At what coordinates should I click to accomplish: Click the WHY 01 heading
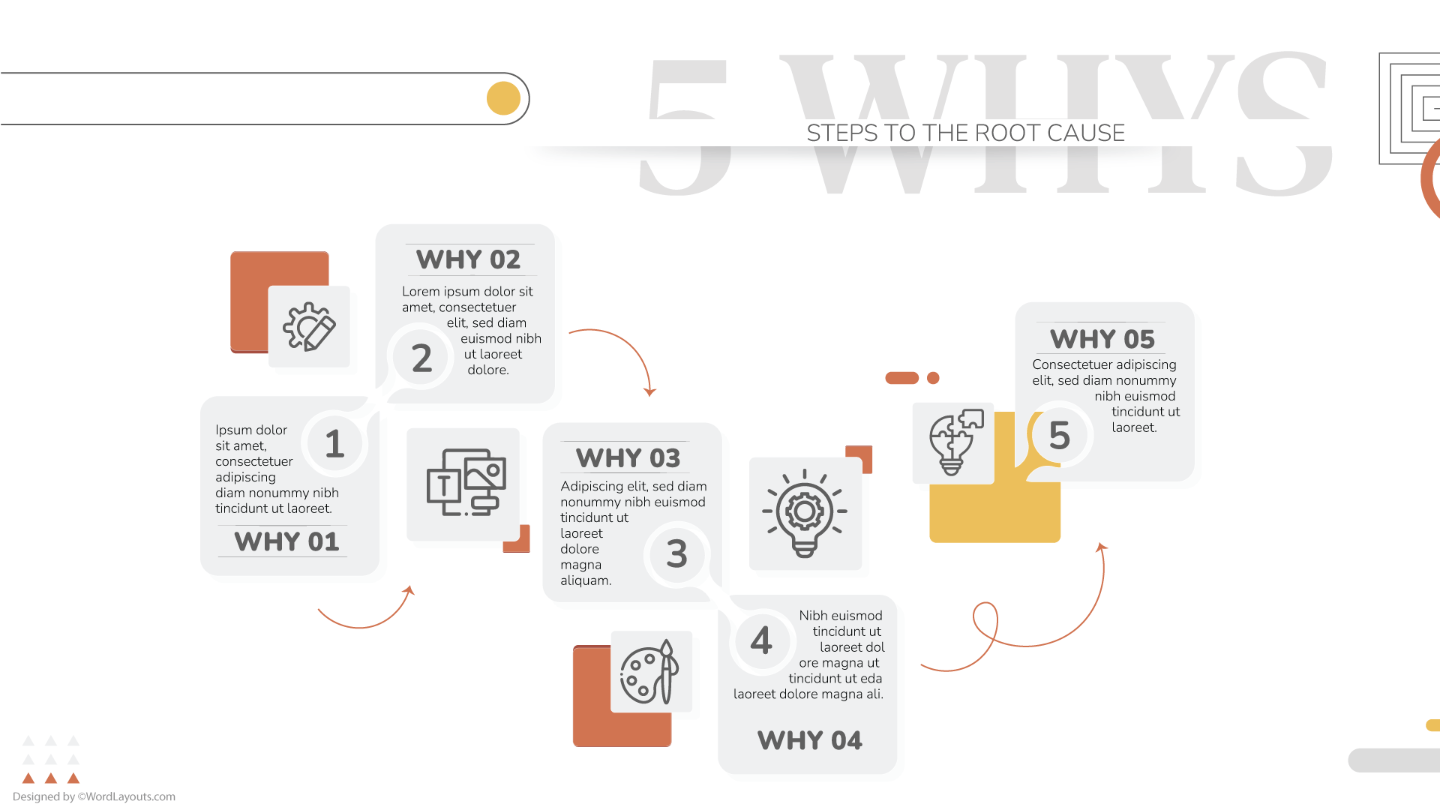click(286, 541)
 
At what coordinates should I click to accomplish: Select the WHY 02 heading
click(468, 259)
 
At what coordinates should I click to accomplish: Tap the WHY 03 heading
click(628, 457)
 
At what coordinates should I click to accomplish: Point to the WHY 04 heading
click(809, 740)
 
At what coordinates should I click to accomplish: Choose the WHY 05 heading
click(1102, 339)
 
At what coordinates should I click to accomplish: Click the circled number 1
click(334, 443)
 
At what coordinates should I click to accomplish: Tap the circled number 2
click(421, 358)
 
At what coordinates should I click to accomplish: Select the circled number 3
click(676, 553)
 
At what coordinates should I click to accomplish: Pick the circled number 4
click(761, 640)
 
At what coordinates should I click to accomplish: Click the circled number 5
click(1059, 435)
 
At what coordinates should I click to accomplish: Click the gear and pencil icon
click(309, 326)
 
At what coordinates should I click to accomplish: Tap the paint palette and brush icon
click(649, 672)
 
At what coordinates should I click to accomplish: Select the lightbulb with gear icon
click(805, 514)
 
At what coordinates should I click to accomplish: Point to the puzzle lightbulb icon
click(954, 442)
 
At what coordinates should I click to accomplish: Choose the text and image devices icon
click(466, 482)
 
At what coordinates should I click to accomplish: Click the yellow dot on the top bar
click(503, 98)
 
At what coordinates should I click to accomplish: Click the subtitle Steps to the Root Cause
click(965, 133)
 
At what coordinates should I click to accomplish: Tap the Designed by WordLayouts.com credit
click(94, 796)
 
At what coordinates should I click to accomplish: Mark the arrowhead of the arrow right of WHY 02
click(649, 391)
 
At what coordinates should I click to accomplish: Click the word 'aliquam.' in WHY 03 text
click(586, 580)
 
